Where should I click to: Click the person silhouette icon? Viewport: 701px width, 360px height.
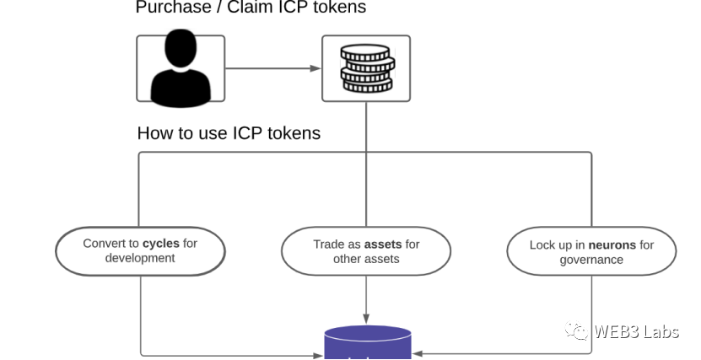pyautogui.click(x=181, y=68)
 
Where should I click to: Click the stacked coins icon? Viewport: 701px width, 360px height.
pyautogui.click(x=366, y=68)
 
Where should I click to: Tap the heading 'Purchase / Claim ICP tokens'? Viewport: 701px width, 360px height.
pyautogui.click(x=251, y=8)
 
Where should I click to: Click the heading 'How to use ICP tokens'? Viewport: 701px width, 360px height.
pyautogui.click(x=229, y=133)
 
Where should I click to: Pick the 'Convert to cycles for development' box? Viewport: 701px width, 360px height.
pyautogui.click(x=140, y=251)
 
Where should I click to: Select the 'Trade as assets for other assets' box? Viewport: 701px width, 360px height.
pyautogui.click(x=366, y=251)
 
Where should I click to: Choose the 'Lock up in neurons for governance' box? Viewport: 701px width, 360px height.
pyautogui.click(x=591, y=252)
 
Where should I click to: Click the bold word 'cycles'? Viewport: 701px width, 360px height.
pyautogui.click(x=160, y=244)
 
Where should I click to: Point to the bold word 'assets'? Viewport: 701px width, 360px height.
pyautogui.click(x=382, y=244)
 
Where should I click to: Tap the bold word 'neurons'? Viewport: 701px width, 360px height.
pyautogui.click(x=612, y=245)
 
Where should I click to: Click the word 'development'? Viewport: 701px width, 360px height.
pyautogui.click(x=140, y=258)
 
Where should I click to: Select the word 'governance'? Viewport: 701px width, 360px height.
pyautogui.click(x=591, y=260)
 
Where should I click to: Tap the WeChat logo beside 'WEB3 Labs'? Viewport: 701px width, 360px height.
pyautogui.click(x=577, y=331)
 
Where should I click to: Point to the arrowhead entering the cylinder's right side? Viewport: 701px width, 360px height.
pyautogui.click(x=417, y=354)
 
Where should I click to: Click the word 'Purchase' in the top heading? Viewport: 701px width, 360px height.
pyautogui.click(x=171, y=8)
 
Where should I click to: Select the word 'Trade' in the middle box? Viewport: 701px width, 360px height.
pyautogui.click(x=329, y=244)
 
